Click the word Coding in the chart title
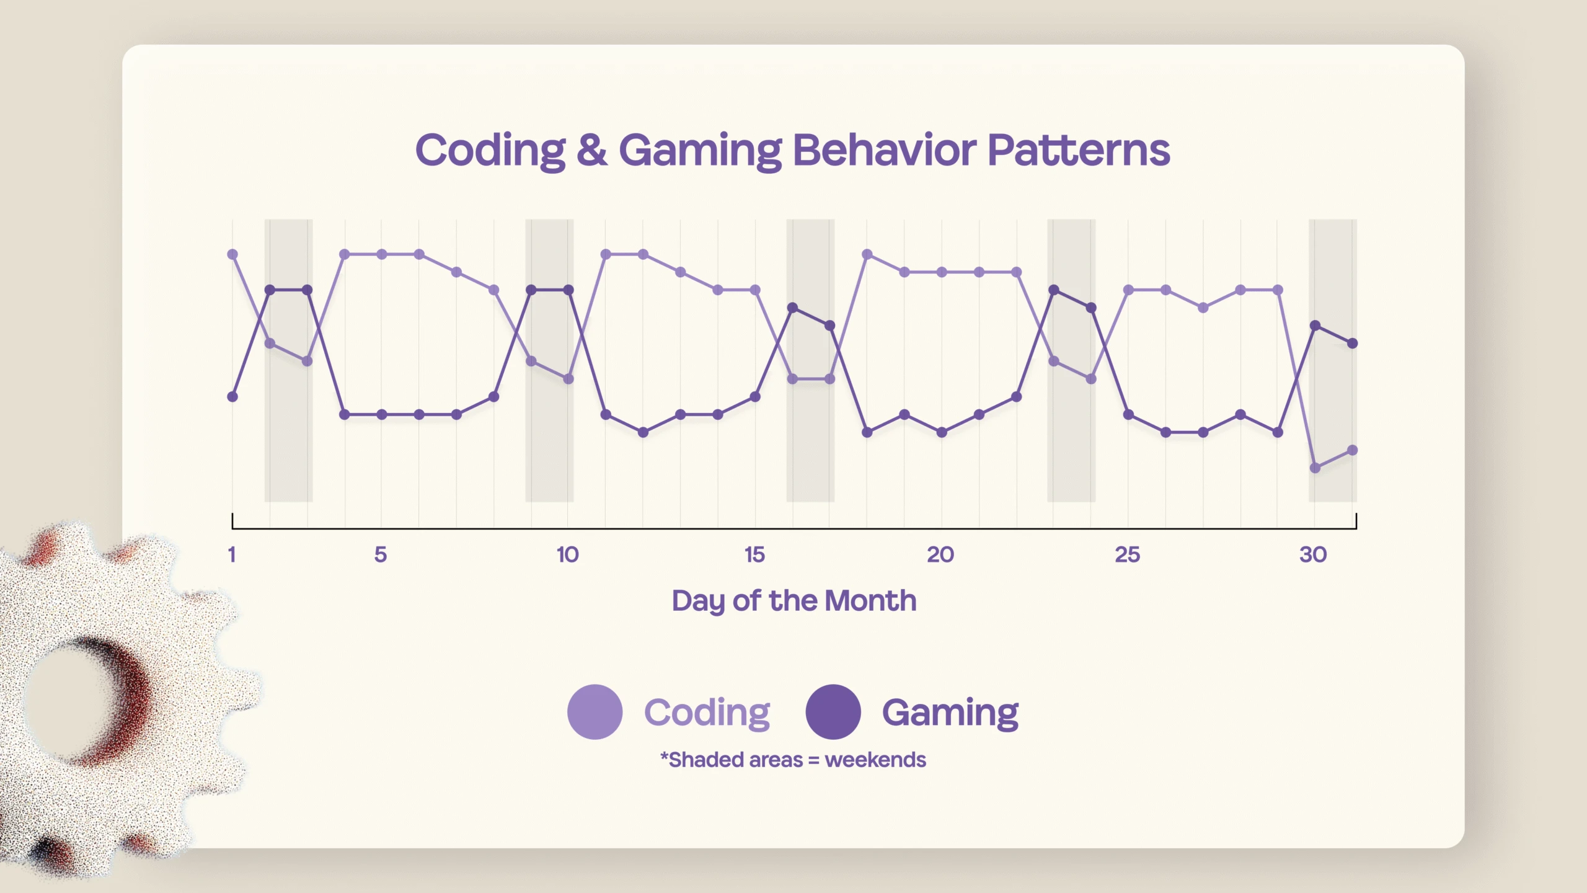[490, 150]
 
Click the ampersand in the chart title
[591, 150]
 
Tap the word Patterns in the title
[1078, 150]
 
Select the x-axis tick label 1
[232, 554]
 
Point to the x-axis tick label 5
[381, 554]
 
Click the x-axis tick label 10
[567, 554]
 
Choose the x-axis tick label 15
[754, 554]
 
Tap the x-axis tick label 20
[940, 554]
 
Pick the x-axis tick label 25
[1127, 554]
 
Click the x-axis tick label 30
[1313, 554]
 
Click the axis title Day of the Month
[793, 600]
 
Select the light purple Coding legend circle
[595, 712]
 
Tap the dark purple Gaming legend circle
[833, 712]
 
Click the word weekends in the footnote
[875, 760]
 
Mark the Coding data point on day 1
[232, 254]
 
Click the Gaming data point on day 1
[232, 397]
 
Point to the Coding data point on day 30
[1315, 468]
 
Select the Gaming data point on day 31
[1353, 343]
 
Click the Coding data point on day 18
[867, 254]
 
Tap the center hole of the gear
[65, 698]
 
